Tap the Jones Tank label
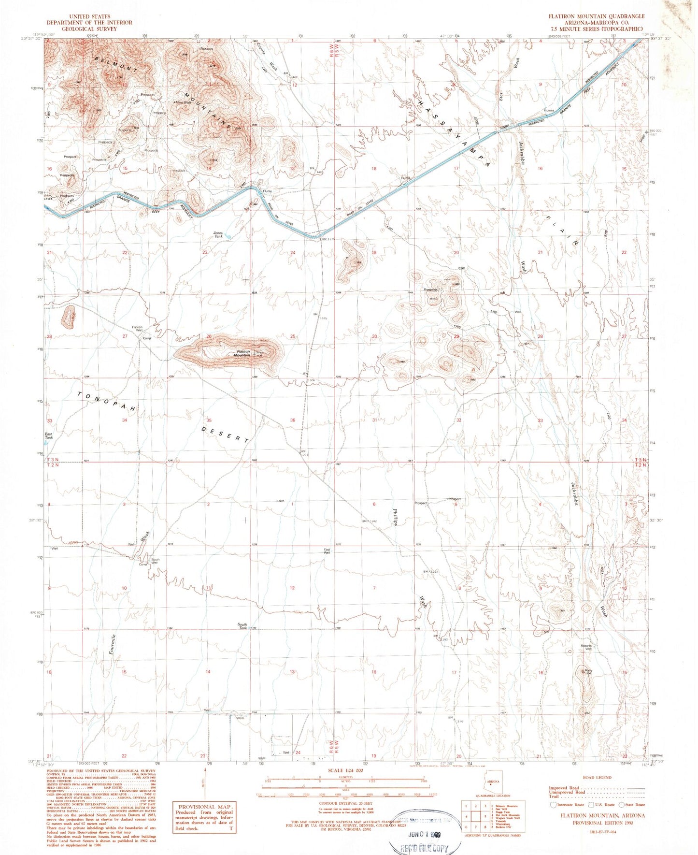tap(218, 234)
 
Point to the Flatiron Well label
tap(137, 329)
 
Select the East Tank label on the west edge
tap(49, 435)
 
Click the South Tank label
tap(242, 626)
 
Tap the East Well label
tap(327, 551)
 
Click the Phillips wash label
tap(395, 517)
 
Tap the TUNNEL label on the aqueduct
tap(505, 128)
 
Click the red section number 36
tap(293, 420)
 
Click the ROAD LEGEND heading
tap(597, 778)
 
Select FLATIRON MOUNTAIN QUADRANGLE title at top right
tap(596, 16)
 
